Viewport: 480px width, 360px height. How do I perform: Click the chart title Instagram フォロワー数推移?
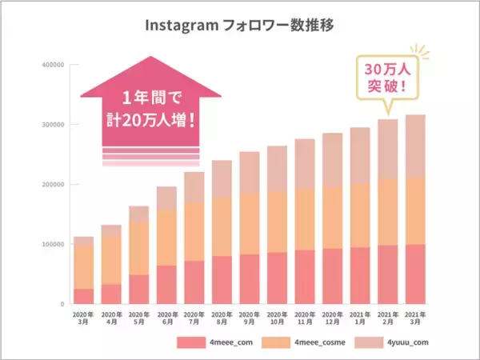coord(239,26)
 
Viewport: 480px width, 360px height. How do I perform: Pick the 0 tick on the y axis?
coord(61,305)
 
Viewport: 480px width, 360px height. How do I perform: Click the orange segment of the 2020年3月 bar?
coord(84,267)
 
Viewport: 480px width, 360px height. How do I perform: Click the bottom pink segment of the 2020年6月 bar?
coord(167,285)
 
